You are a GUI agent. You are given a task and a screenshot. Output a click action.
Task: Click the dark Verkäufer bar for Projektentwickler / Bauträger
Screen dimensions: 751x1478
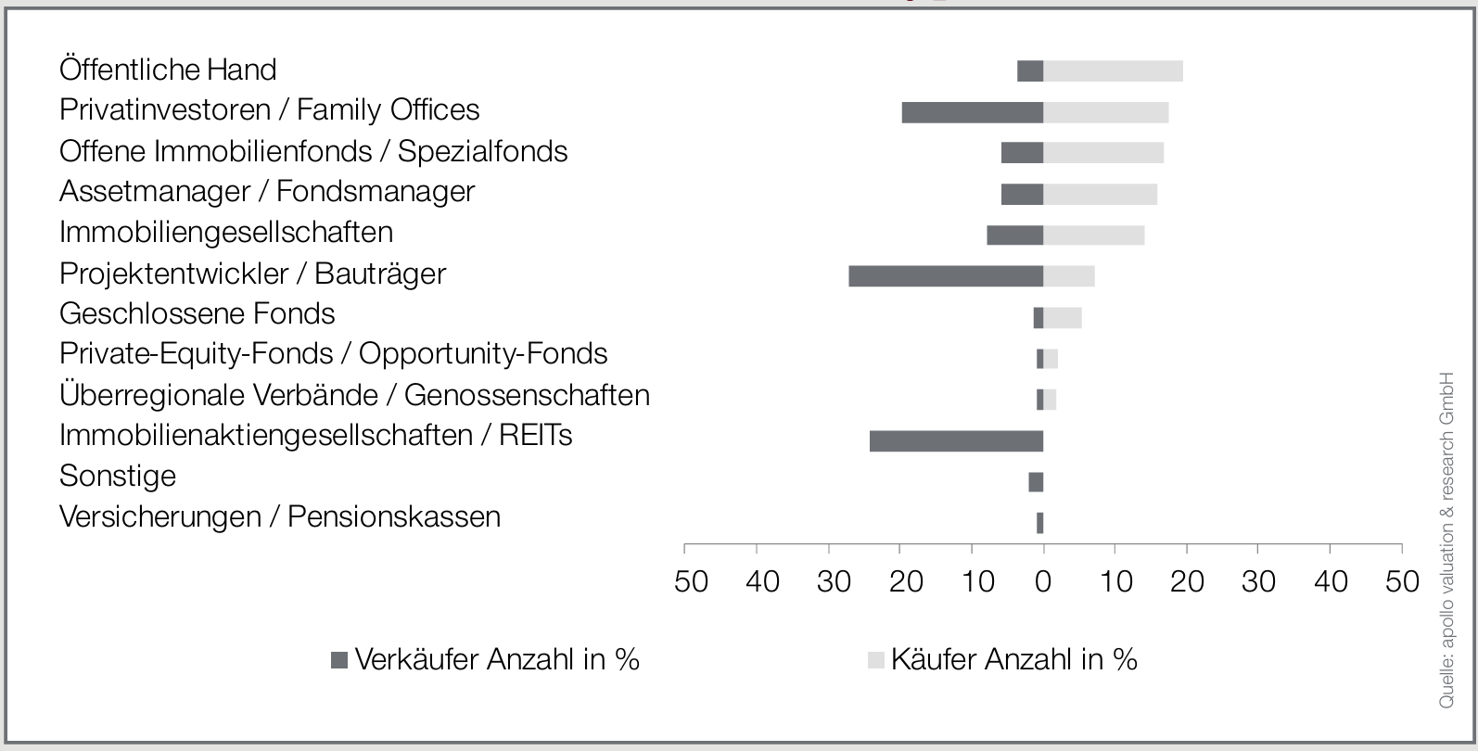tap(946, 275)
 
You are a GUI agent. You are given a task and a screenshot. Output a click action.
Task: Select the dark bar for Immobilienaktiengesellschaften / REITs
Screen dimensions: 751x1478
tap(956, 441)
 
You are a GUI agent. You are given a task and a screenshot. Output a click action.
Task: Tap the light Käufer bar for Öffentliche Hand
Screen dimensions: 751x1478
tap(1113, 71)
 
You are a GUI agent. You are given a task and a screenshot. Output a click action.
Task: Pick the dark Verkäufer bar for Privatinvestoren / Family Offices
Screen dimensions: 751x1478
tap(972, 112)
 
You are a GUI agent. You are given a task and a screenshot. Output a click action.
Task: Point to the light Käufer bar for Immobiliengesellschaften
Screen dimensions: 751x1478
tap(1093, 235)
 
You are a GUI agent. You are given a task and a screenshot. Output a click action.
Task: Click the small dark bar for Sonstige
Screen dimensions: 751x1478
tap(1036, 482)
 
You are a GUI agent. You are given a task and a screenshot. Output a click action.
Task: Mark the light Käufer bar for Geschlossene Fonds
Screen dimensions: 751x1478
tap(1062, 317)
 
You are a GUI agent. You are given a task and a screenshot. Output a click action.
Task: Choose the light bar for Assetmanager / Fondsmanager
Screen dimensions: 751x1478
tap(1100, 194)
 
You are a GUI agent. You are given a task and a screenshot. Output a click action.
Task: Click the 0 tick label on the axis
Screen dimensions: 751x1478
tap(1043, 581)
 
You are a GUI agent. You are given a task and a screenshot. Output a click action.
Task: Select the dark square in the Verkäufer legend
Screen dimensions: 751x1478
tap(339, 660)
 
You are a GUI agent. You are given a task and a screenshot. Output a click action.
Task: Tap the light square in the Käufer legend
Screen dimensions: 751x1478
tap(875, 660)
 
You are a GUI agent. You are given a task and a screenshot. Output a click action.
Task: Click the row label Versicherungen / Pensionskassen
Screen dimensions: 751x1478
tap(279, 516)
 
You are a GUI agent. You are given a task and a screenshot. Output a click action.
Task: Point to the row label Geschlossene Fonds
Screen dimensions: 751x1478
tap(197, 313)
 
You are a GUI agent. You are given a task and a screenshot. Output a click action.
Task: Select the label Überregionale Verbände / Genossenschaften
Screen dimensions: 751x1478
tap(354, 395)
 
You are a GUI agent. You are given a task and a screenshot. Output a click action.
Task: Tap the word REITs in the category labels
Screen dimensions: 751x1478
tap(535, 435)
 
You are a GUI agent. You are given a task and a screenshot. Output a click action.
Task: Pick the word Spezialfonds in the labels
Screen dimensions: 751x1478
tap(482, 151)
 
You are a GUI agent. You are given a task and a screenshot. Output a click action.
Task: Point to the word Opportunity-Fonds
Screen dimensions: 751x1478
tap(483, 353)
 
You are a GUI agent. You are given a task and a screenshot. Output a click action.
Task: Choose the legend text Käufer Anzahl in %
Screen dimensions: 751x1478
tap(1013, 659)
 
